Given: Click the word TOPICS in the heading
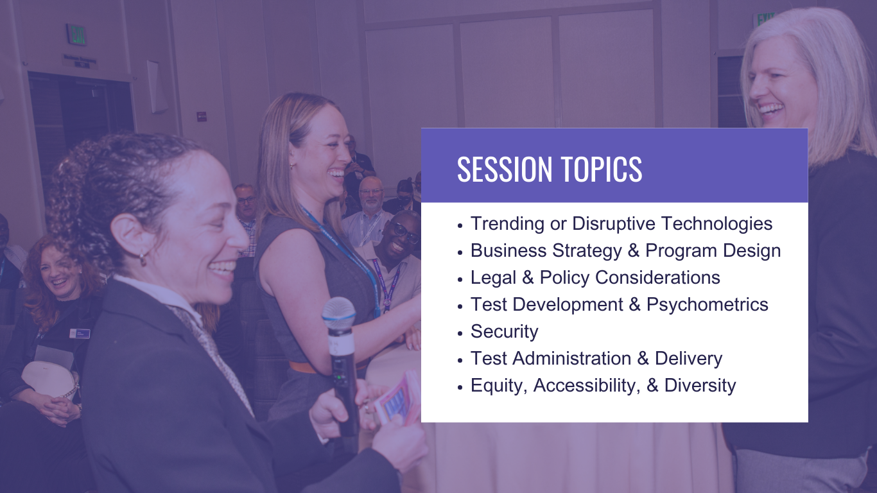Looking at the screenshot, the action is pos(602,169).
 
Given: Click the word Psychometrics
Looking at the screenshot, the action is pos(707,304).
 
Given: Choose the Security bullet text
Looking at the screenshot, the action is pos(504,331).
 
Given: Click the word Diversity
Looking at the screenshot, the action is pos(700,386).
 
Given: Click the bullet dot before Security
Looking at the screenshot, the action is pos(460,333).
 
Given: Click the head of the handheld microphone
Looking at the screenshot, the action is pos(338,313).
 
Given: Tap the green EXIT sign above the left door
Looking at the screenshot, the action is pos(76,35).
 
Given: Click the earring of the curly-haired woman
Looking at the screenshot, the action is pos(143,257).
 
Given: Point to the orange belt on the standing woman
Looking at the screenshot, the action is pos(304,367).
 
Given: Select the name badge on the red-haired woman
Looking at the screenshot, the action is pos(80,334).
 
